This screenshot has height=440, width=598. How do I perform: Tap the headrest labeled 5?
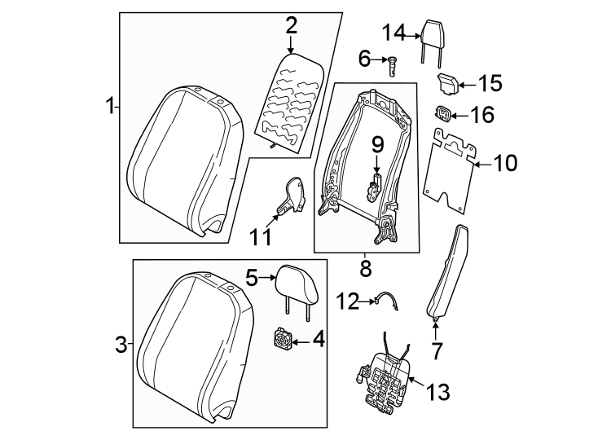(x=295, y=282)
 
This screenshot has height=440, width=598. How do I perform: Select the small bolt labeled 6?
(x=393, y=62)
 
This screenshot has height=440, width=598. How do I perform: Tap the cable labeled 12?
(x=387, y=302)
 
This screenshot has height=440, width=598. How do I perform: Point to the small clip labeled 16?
(x=445, y=114)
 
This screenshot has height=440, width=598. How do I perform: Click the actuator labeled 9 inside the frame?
(x=376, y=183)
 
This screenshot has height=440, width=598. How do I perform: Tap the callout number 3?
(x=120, y=345)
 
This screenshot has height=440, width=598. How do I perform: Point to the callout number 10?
(x=505, y=164)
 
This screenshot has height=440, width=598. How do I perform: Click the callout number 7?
(x=436, y=351)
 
